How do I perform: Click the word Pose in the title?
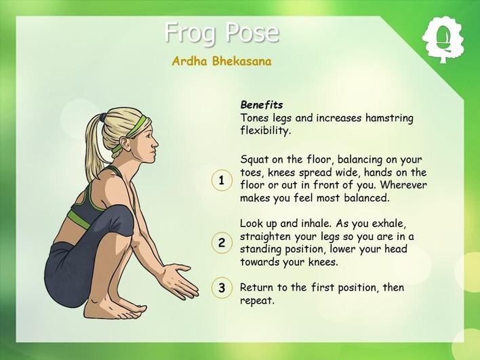click(252, 32)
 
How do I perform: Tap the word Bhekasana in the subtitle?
click(242, 61)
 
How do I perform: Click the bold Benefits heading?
click(262, 104)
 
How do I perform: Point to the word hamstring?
click(389, 118)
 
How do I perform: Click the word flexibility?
click(265, 131)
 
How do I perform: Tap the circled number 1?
click(222, 180)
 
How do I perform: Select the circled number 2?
click(222, 243)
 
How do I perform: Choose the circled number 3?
click(222, 287)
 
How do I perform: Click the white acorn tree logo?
click(443, 40)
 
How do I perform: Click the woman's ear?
click(125, 143)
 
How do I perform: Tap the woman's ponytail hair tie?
click(103, 117)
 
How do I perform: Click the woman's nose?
click(155, 143)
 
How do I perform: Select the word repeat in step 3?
click(257, 301)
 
